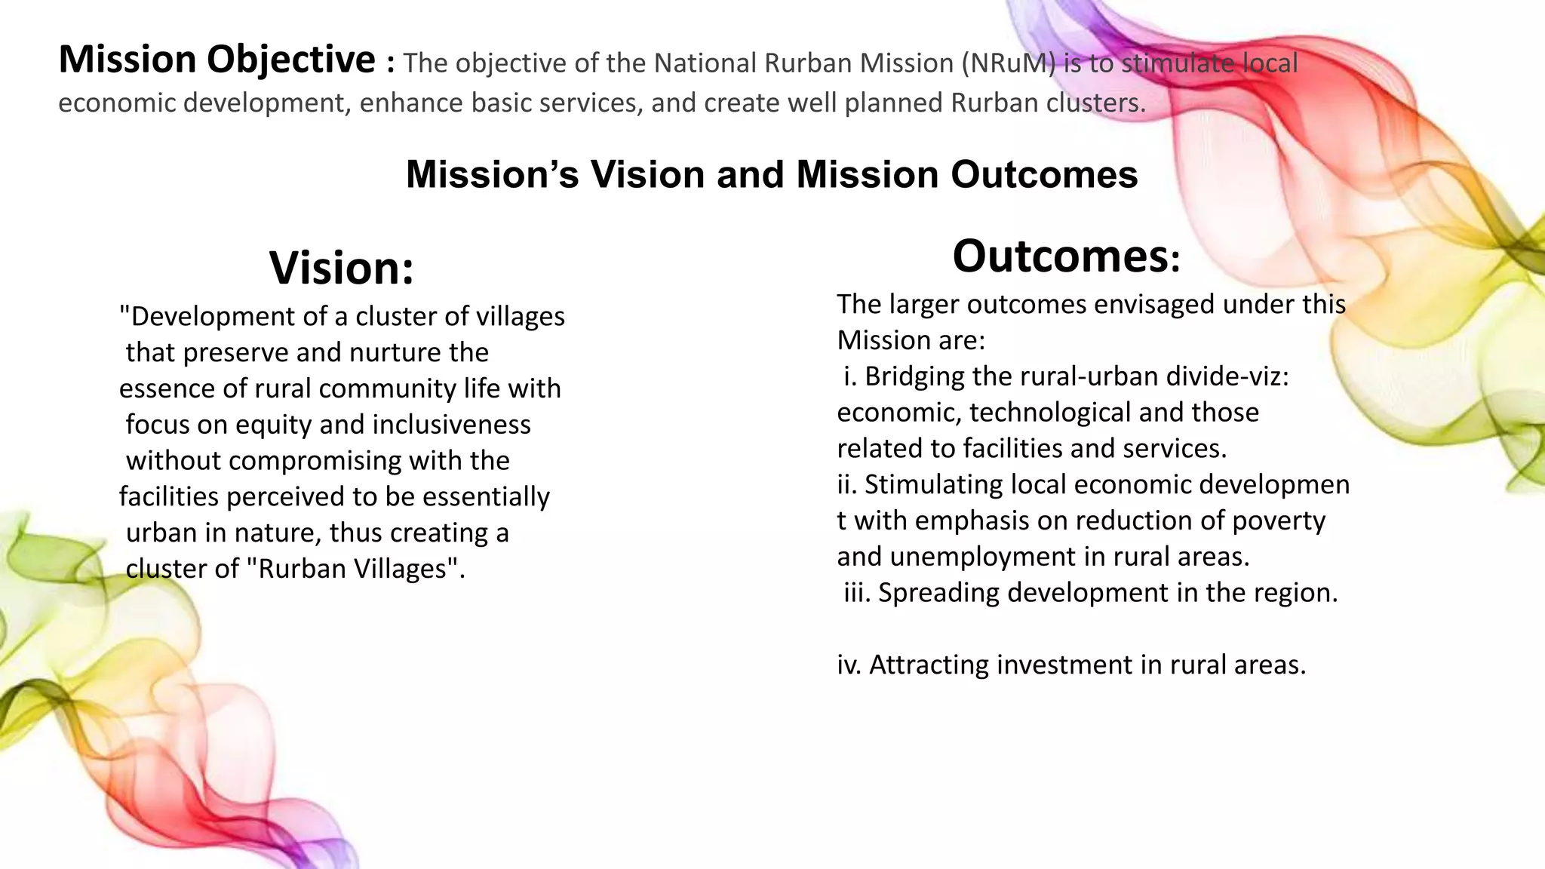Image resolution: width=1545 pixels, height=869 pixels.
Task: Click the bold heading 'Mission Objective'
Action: tap(217, 60)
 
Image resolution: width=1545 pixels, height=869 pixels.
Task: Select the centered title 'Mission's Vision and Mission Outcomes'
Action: tap(772, 174)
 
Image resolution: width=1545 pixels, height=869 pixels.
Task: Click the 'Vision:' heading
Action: tap(342, 269)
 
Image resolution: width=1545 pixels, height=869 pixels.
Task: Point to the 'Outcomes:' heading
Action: tap(1065, 256)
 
